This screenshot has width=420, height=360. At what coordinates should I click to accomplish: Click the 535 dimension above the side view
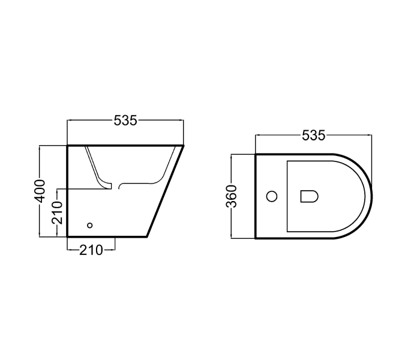pos(125,121)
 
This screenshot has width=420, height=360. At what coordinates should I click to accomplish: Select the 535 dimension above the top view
pos(313,136)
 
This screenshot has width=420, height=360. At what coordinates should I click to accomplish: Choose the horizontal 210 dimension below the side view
pos(91,250)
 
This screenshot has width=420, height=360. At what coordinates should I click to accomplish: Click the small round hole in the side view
pos(90,226)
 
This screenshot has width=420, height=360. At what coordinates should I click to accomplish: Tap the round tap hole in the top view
pos(272,196)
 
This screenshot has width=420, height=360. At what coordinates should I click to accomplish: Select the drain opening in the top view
pos(308,196)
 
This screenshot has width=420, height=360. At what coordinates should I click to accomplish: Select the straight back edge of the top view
pos(256,196)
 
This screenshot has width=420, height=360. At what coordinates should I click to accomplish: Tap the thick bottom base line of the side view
pos(107,236)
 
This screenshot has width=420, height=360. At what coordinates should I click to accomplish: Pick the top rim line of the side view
pos(125,145)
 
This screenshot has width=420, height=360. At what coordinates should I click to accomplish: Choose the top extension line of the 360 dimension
pos(243,155)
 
